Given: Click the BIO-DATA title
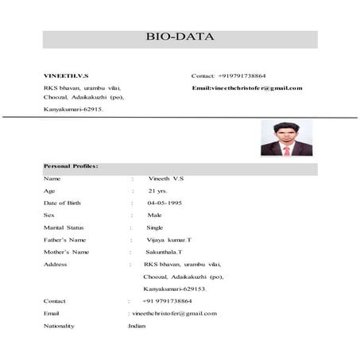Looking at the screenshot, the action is (x=180, y=37).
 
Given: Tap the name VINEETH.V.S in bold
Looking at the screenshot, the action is (x=67, y=75).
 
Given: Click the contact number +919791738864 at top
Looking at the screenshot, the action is (x=241, y=75).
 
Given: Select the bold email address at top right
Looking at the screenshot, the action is (x=247, y=87).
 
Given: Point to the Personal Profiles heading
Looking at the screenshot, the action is (x=72, y=166).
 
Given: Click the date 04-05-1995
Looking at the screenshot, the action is (x=166, y=203).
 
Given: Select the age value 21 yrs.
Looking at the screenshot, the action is (x=157, y=192).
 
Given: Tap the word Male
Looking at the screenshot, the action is (x=154, y=215).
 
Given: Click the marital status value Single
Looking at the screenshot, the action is (x=155, y=227).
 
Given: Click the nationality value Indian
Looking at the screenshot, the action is (x=137, y=326).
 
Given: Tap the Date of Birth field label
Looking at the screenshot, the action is (x=64, y=203).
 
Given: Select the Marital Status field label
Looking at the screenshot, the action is (x=64, y=227).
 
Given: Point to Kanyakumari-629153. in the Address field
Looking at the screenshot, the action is (x=175, y=288).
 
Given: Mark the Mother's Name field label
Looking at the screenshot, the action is (x=66, y=252).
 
